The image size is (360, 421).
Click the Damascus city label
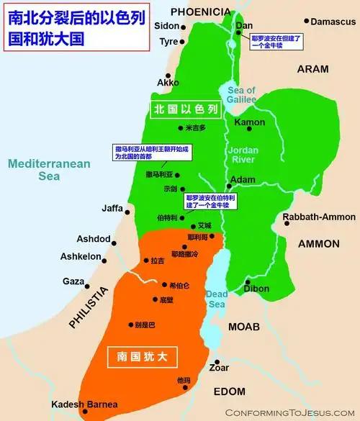click(x=334, y=22)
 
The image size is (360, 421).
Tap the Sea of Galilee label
click(x=242, y=95)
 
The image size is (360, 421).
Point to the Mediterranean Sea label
click(x=49, y=170)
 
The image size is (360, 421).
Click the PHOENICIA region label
click(x=200, y=12)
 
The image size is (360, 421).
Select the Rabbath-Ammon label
click(x=319, y=217)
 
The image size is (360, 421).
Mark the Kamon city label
click(x=251, y=122)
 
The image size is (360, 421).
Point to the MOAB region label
click(x=243, y=327)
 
